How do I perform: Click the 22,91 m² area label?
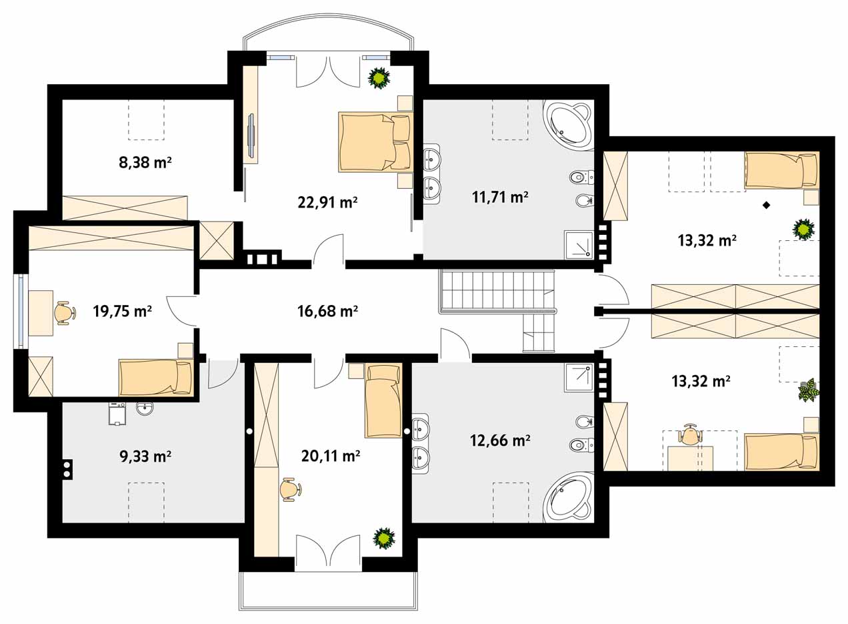[x=327, y=202]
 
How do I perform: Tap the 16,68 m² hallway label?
[x=327, y=311]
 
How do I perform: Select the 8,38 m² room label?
[x=145, y=163]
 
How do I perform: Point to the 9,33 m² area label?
[x=145, y=456]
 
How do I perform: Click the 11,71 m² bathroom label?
[x=500, y=197]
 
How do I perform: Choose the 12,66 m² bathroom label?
[x=500, y=440]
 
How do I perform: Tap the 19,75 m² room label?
[x=122, y=311]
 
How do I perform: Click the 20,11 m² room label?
[x=331, y=456]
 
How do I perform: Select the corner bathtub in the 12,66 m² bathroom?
[x=567, y=497]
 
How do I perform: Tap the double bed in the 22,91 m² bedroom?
[x=375, y=142]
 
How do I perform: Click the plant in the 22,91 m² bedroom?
[x=379, y=78]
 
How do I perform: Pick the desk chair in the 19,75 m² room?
[x=65, y=313]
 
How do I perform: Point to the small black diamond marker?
[x=767, y=206]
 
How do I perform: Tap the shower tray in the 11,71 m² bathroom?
[x=579, y=245]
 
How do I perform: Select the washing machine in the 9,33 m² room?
[x=117, y=414]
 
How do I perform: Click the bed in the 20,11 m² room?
[x=383, y=401]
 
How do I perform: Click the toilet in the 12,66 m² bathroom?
[x=581, y=444]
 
